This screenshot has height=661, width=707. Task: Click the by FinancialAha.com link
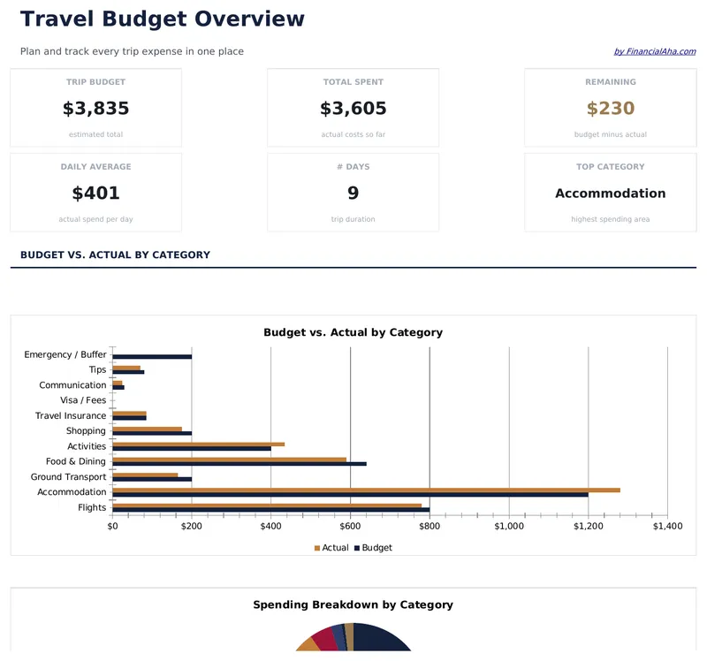(x=654, y=52)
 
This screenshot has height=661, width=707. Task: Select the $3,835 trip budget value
(x=95, y=109)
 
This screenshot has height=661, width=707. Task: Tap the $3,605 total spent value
(x=353, y=109)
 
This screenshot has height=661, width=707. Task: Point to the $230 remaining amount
(x=611, y=109)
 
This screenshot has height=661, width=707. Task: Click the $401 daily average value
(x=95, y=194)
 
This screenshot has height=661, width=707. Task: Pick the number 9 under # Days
(x=353, y=194)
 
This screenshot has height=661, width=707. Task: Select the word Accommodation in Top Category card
(x=611, y=194)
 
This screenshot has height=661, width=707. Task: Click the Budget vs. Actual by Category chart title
(x=353, y=333)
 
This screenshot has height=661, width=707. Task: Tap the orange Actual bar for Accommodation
(x=366, y=490)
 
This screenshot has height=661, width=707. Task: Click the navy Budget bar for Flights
(x=270, y=510)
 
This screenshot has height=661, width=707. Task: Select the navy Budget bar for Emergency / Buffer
(x=152, y=357)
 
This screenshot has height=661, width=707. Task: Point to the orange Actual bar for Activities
(x=198, y=444)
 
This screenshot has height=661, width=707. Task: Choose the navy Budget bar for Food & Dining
(x=239, y=464)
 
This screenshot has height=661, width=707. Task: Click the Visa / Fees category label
(x=83, y=400)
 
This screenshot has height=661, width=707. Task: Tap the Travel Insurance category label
(x=71, y=416)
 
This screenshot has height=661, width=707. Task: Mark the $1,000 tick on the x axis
(x=509, y=527)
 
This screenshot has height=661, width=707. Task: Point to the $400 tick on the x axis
(x=271, y=527)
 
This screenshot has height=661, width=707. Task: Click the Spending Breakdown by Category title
(x=353, y=605)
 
